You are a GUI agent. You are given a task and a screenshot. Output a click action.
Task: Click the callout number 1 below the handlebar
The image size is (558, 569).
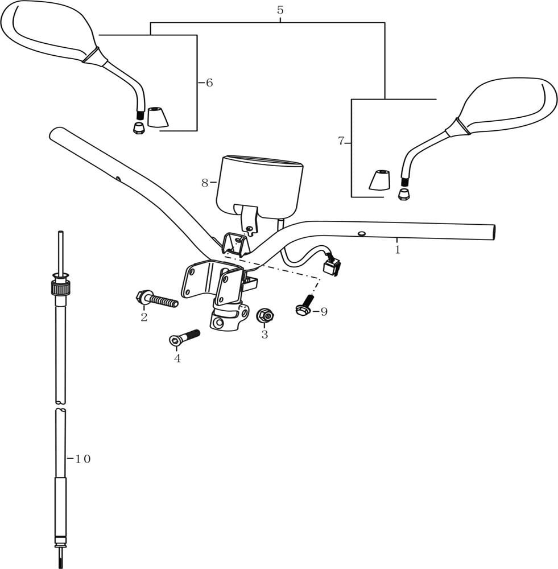point(398,249)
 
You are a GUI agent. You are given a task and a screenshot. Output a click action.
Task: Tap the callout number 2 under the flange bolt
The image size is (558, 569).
point(144,317)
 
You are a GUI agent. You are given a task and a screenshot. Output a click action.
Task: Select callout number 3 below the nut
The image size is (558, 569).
point(264,335)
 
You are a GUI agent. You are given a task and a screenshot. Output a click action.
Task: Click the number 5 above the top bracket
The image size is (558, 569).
point(280,10)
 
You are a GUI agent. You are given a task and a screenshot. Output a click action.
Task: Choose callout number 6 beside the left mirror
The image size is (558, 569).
point(209,83)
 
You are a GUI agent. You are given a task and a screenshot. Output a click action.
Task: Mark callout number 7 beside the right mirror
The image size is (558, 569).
point(341,141)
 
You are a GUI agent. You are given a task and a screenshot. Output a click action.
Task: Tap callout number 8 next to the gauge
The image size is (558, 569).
point(205,183)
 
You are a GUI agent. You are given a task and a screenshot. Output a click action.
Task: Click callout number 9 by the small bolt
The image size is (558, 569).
point(324,312)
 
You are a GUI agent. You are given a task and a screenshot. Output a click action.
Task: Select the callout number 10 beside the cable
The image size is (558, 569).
point(82,459)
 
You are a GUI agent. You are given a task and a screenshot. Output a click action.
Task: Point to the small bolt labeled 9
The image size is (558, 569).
point(304,306)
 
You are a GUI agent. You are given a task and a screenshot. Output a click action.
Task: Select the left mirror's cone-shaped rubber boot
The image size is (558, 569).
point(158,117)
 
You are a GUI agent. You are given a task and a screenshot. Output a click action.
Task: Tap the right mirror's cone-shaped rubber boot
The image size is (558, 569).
point(381,180)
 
